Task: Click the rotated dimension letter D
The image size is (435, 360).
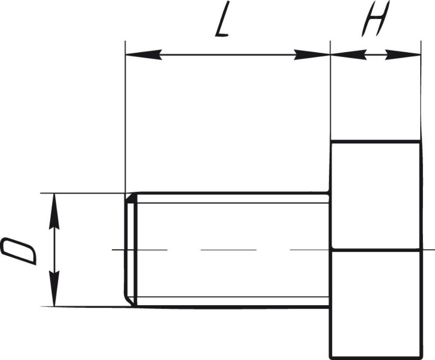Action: pos(20,250)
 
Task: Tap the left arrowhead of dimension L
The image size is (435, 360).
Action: pos(141,55)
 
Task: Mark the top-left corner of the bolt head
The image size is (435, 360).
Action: pos(331,141)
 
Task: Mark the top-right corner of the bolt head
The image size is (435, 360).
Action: pos(420,141)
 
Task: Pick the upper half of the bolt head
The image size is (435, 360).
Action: pos(375,196)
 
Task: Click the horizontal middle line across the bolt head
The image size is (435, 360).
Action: pos(375,250)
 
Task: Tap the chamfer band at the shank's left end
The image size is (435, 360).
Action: pos(130,250)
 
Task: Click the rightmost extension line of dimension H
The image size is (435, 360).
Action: pos(421,96)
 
